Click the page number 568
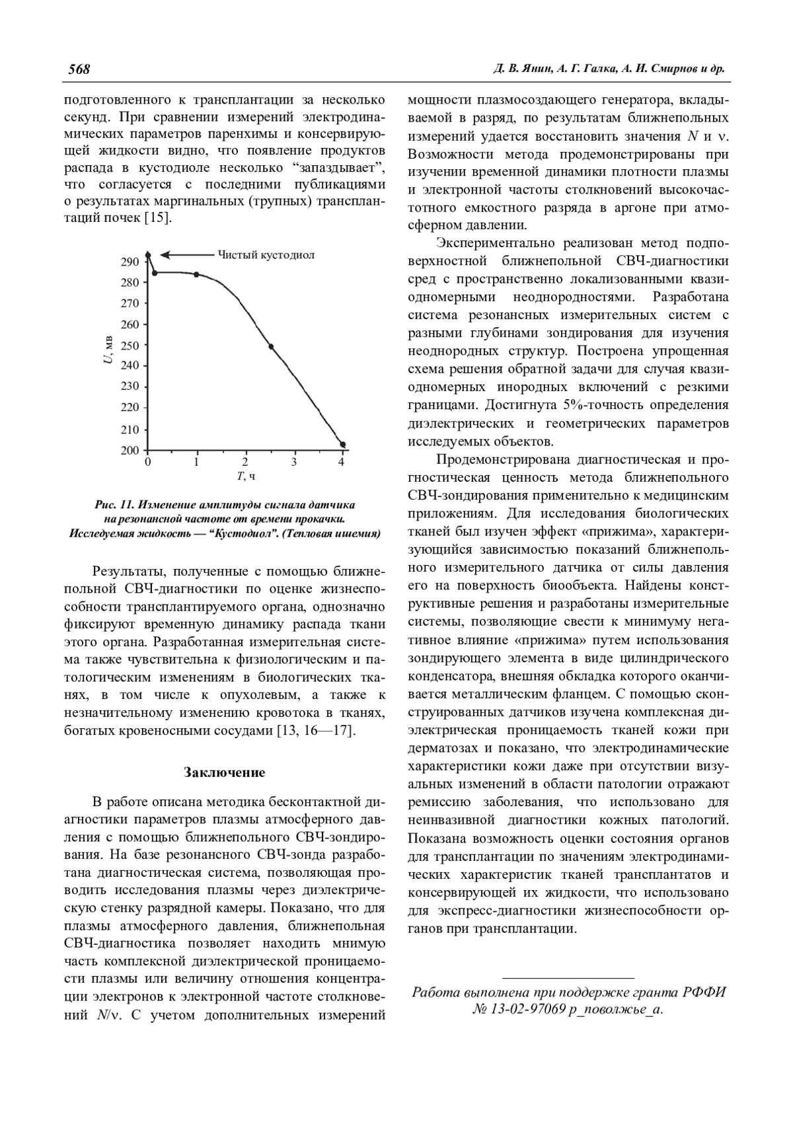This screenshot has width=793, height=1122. coord(79,69)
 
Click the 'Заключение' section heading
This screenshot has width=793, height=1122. coord(224,772)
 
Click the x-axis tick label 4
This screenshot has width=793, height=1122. coord(342,462)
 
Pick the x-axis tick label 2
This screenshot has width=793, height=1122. coord(245,462)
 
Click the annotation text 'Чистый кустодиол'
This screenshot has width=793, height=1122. coord(266,254)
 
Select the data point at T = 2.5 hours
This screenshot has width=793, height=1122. coord(271,346)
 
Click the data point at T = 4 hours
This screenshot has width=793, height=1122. coord(342,445)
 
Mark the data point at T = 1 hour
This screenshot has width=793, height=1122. coord(196,274)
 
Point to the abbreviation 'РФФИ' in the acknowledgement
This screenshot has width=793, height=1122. coord(702,992)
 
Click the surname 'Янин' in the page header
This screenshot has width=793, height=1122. coord(532,69)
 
